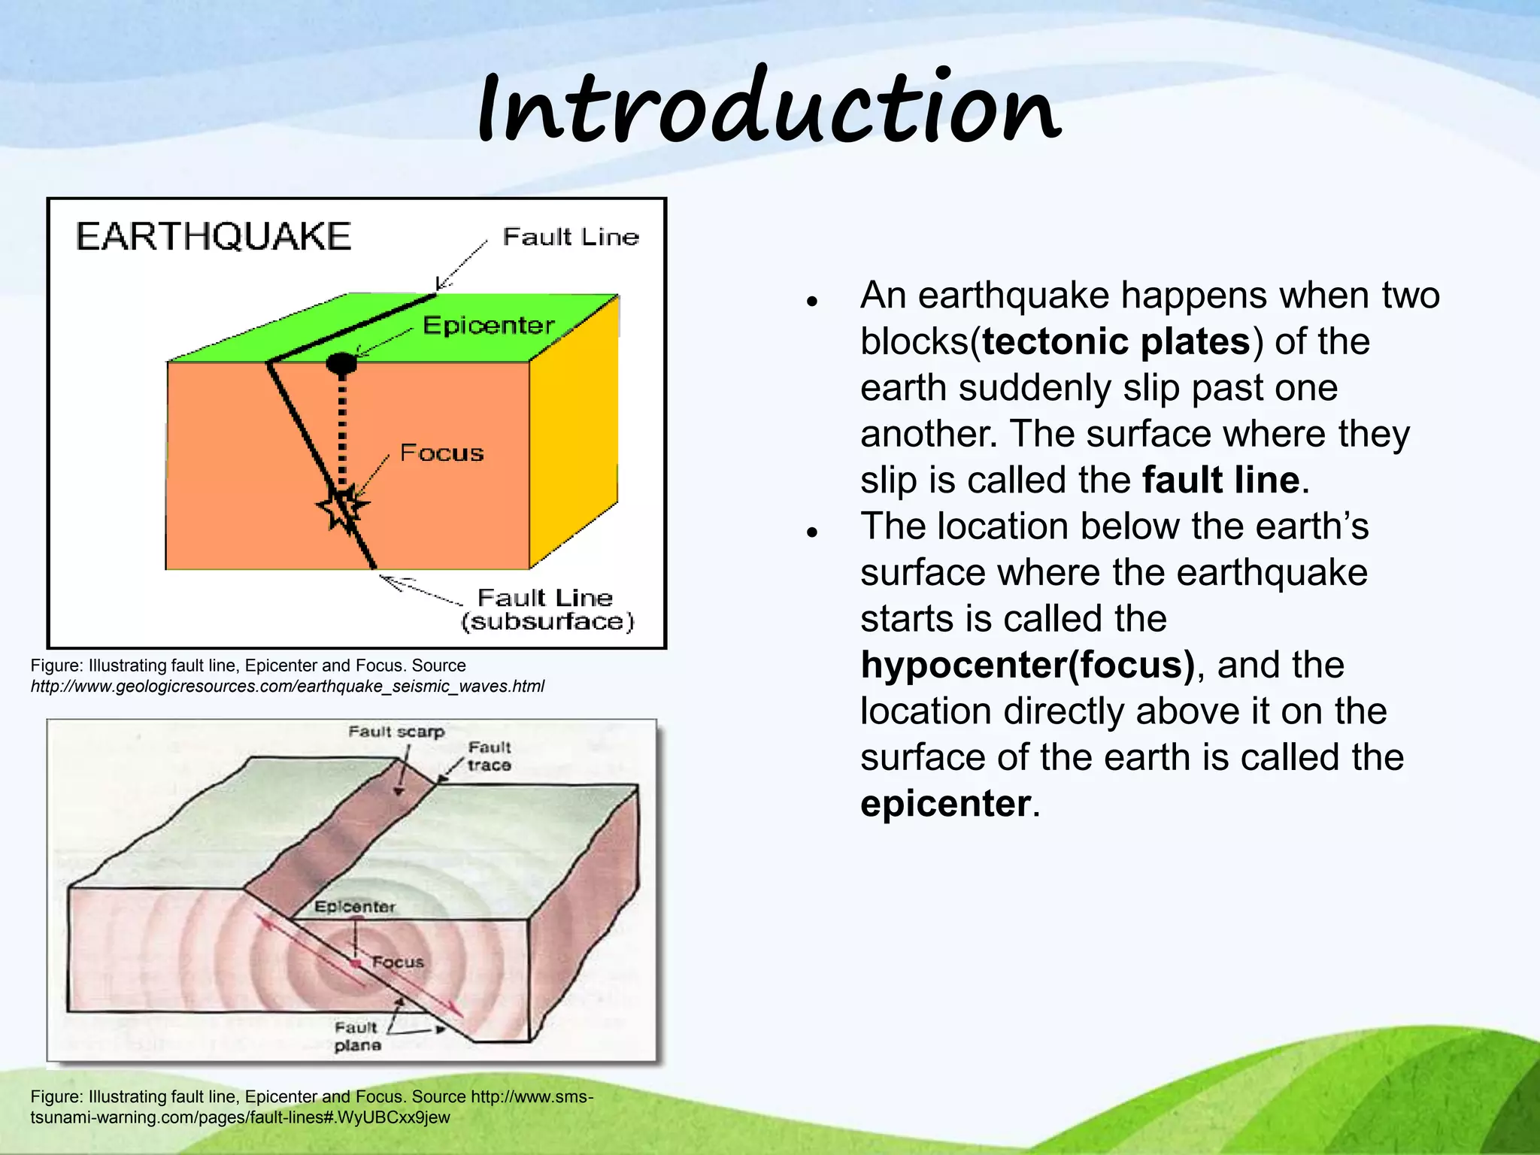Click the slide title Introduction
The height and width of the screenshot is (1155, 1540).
pos(768,109)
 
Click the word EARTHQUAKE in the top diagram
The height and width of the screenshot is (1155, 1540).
pos(214,236)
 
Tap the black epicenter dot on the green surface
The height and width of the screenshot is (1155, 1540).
pos(341,363)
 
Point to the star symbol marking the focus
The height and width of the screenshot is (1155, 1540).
pos(343,507)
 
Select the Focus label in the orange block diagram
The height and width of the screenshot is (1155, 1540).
pos(441,453)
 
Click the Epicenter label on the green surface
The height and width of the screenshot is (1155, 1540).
pos(488,326)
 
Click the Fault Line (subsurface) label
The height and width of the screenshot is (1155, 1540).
pos(547,610)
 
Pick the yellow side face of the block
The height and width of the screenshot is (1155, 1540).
pos(574,429)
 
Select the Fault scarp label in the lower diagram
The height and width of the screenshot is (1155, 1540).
pos(396,732)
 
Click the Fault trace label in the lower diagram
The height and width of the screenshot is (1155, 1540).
pos(489,756)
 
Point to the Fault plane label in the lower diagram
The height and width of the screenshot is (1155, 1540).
pos(357,1036)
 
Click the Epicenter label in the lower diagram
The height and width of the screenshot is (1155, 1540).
pos(354,907)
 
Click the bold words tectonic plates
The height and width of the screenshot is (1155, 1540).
pos(1116,342)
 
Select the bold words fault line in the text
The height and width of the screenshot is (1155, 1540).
pos(1220,480)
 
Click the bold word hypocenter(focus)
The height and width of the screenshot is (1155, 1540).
pos(1027,665)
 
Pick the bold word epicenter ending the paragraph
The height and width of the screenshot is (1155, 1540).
pos(945,804)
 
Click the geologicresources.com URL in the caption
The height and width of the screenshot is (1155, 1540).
pos(287,687)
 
